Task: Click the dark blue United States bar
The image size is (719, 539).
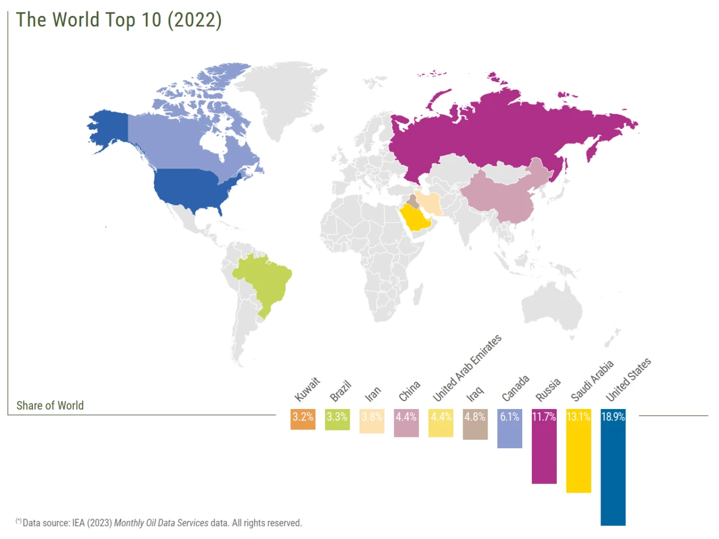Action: (613, 471)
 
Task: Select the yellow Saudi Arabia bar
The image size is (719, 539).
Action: (578, 454)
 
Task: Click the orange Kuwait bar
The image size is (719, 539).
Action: (303, 419)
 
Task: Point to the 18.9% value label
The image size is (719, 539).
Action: (613, 416)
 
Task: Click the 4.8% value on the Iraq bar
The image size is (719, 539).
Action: (475, 416)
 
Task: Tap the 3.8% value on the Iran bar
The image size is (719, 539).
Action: (371, 416)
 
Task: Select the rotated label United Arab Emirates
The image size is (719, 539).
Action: (467, 368)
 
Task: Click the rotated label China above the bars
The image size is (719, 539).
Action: (409, 390)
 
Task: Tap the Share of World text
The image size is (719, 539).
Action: (50, 405)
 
